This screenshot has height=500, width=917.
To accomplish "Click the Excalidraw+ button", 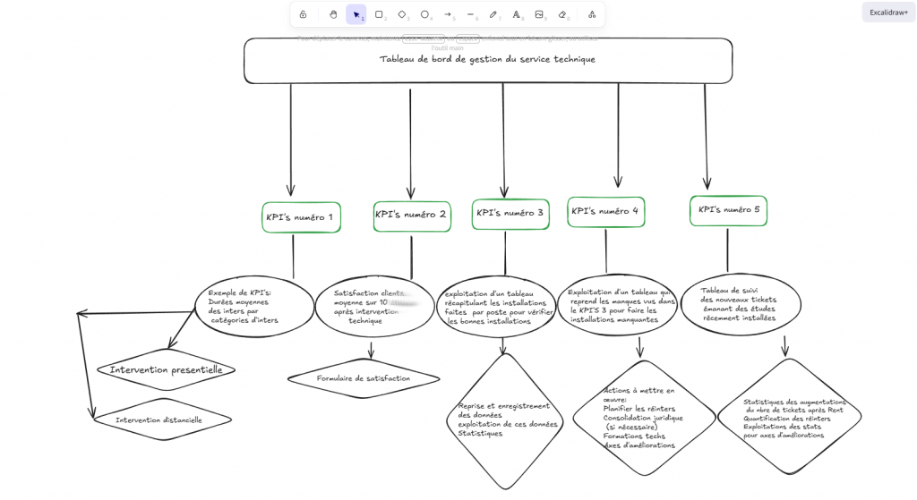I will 888,13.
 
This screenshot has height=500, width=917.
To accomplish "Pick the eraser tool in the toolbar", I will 562,14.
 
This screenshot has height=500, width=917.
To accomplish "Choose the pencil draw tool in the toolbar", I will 493,14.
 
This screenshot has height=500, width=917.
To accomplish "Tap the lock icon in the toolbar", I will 303,14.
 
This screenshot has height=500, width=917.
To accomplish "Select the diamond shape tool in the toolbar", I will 402,14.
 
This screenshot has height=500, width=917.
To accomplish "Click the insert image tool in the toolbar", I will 539,14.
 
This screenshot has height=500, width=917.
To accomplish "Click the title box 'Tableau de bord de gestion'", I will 487,60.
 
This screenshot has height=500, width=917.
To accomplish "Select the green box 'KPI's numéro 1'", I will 301,217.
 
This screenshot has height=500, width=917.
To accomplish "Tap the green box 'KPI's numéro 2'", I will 411,216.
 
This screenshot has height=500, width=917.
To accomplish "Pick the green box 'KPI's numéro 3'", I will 510,214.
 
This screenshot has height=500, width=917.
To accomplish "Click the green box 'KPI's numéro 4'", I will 605,212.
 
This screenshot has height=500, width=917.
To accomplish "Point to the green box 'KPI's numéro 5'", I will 728,210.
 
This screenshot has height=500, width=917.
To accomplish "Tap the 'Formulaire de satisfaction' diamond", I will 364,378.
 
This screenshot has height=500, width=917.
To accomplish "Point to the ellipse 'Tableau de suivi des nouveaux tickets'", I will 741,304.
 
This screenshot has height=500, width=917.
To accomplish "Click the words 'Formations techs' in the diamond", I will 634,436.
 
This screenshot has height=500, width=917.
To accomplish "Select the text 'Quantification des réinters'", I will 786,419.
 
